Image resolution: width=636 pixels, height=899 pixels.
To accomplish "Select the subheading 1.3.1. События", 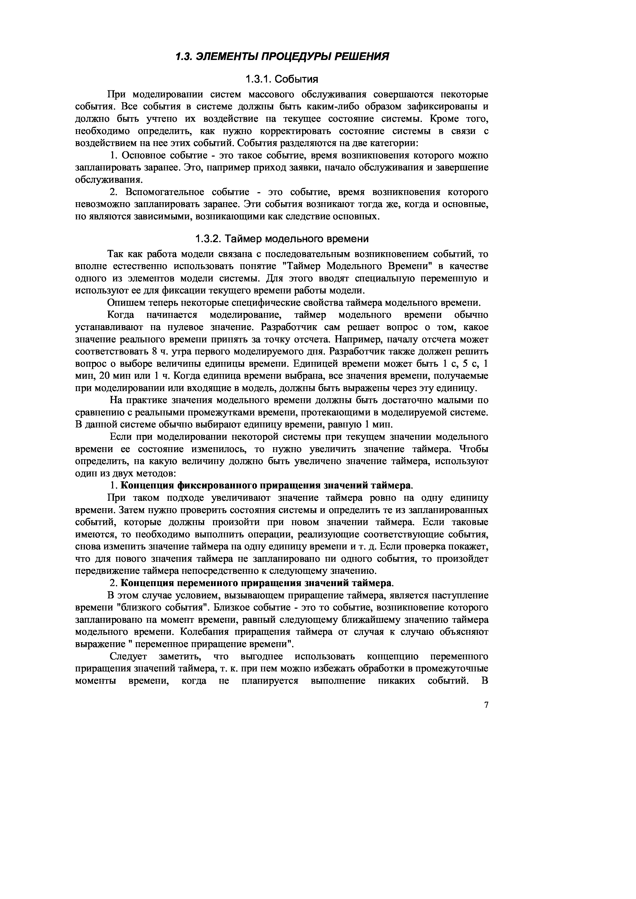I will [281, 79].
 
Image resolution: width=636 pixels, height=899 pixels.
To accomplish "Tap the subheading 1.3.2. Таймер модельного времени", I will [282, 238].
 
